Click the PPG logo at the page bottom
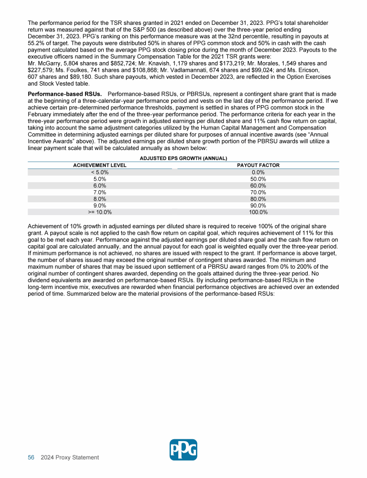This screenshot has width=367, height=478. [x=183, y=450]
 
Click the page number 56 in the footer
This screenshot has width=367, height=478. [x=31, y=457]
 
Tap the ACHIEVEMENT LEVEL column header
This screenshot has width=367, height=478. [x=99, y=165]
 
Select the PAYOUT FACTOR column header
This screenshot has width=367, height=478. [x=258, y=165]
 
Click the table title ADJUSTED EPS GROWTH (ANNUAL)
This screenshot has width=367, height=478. [x=183, y=158]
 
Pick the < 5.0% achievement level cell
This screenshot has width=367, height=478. [x=99, y=172]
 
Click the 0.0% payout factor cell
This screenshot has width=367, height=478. [x=258, y=172]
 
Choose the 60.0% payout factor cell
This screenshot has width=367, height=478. [x=258, y=185]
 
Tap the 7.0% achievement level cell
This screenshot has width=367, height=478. [x=99, y=192]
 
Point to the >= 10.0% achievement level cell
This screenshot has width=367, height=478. [x=99, y=212]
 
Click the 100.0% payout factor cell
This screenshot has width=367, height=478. [x=258, y=212]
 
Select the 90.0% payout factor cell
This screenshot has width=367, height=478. [x=258, y=206]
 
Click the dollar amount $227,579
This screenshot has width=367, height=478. [x=41, y=70]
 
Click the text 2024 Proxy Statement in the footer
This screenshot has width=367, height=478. [x=70, y=457]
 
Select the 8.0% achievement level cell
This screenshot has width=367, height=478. [x=99, y=199]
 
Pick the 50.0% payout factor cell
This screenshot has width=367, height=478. [x=258, y=179]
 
